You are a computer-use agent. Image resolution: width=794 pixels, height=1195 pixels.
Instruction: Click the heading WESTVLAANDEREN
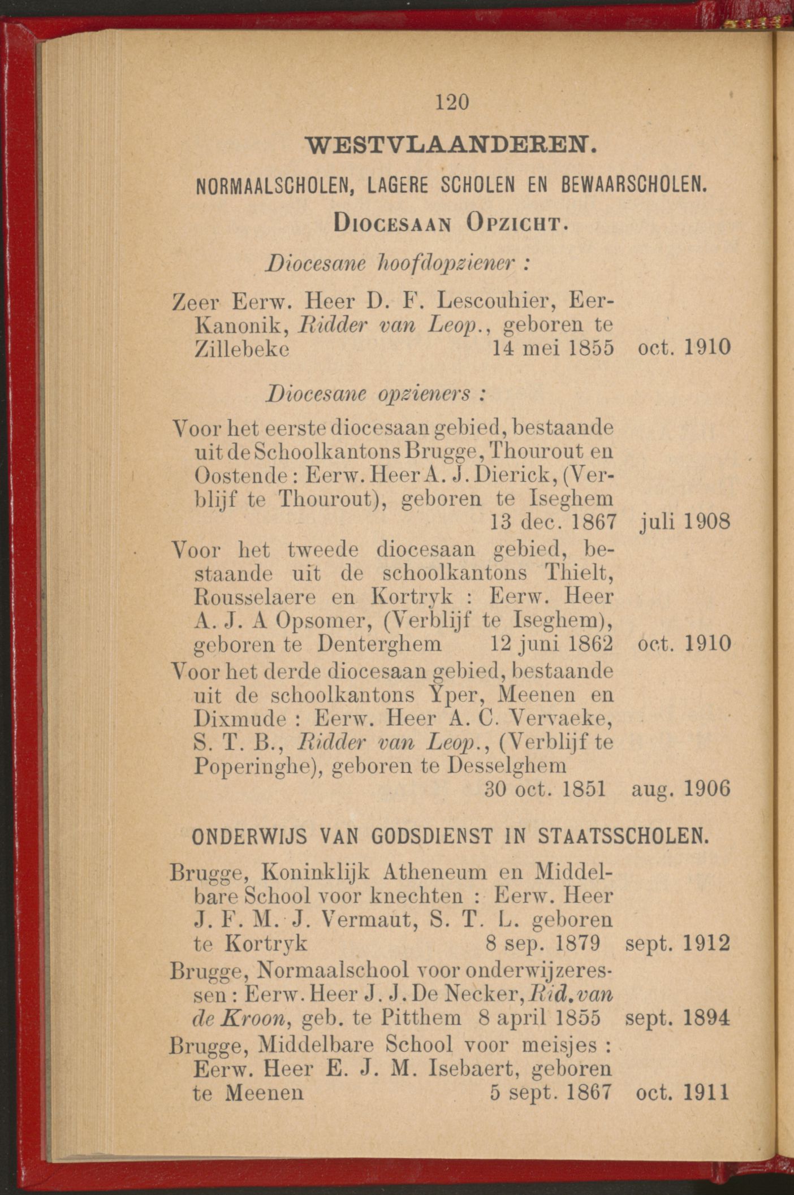(451, 145)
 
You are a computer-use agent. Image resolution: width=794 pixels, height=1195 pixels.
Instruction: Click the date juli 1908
(685, 520)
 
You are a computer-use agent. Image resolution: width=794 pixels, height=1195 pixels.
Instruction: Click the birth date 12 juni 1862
(550, 644)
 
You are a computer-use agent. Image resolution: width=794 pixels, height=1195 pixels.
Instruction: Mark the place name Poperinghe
(256, 767)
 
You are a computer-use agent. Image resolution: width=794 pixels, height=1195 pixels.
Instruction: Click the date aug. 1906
(681, 789)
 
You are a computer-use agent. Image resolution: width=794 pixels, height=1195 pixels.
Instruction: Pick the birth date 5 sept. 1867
(551, 1092)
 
